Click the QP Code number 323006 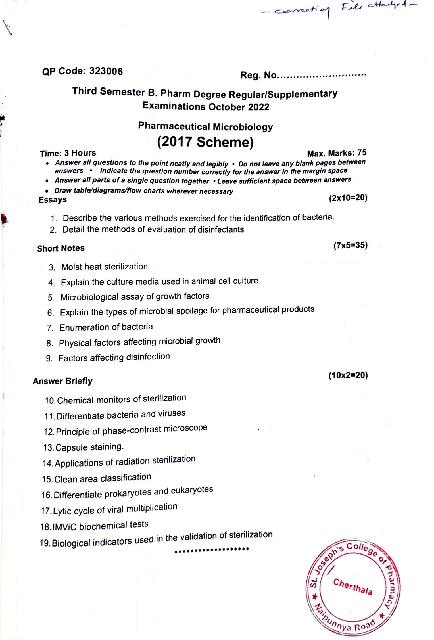pos(106,71)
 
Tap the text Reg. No pos(258,75)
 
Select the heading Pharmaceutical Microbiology pos(205,126)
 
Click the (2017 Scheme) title pos(205,142)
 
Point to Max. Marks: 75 pos(337,153)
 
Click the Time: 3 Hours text pos(68,153)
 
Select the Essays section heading pos(53,200)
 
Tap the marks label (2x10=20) pos(348,198)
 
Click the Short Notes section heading pos(61,248)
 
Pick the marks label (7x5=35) pos(350,245)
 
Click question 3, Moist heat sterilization pos(104,267)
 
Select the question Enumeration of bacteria pos(106,327)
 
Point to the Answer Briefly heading pos(63,381)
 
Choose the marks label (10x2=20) pos(348,375)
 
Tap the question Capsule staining pos(89,447)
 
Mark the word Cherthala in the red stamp pos(352,587)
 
